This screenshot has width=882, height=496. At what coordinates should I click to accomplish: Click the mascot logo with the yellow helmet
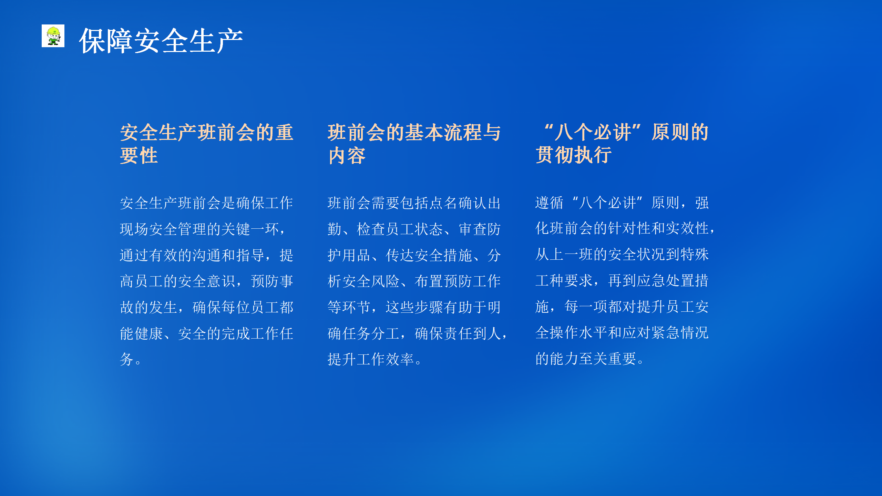pos(53,36)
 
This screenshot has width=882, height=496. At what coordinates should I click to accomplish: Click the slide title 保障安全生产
pos(161,41)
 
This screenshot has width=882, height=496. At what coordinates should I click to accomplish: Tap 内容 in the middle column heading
pos(347,156)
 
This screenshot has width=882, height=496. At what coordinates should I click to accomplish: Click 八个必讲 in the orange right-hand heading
pos(593,132)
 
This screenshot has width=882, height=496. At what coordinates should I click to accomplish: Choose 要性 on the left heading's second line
pos(139,156)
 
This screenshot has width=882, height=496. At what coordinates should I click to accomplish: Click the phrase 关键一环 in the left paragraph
pos(250,229)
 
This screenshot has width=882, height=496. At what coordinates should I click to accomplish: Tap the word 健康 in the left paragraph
pos(149,334)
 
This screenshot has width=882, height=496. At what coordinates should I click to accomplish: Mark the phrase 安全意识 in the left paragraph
pos(207,281)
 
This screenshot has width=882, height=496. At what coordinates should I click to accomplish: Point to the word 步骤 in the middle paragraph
pos(429,308)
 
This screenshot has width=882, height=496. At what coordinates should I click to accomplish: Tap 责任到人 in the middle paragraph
pos(473,334)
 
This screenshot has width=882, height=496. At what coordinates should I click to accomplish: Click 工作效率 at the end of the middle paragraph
pos(386,360)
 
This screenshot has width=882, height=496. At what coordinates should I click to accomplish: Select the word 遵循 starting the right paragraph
pos(550,203)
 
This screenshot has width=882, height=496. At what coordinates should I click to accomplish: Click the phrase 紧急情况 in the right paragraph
pos(680,333)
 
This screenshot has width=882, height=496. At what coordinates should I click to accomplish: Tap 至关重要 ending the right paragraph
pos(608,359)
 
